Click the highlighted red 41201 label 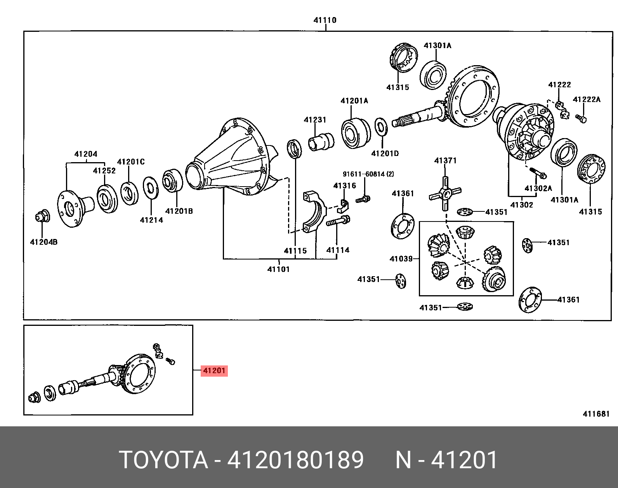214,370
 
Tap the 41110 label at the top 325,20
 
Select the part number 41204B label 44,242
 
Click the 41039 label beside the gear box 401,259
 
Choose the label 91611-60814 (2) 368,174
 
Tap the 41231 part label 315,120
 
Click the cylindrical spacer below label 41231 321,142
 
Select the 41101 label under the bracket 278,269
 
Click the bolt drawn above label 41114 338,222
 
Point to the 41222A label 587,99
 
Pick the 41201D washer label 385,154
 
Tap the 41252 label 104,171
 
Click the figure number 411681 596,414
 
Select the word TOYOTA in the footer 163,460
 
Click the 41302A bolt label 538,189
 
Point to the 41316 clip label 344,186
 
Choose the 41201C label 131,162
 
